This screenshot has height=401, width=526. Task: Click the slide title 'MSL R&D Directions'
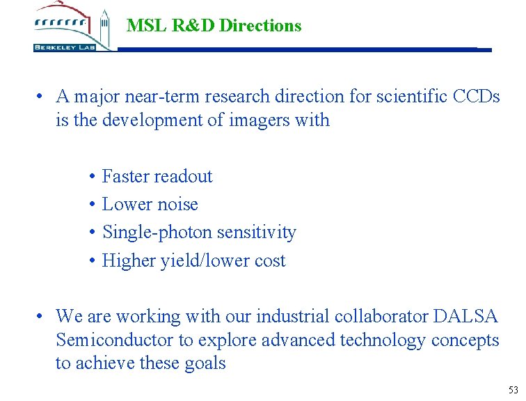tap(214, 26)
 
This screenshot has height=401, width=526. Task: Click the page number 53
tap(513, 389)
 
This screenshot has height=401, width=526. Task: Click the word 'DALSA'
tap(465, 316)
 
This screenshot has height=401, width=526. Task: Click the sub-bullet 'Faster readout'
tap(157, 176)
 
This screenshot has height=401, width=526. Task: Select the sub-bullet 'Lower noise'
tap(150, 204)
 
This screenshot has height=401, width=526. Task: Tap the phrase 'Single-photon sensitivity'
tap(199, 232)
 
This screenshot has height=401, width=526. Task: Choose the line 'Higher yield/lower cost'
tap(193, 260)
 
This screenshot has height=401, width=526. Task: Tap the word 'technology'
tap(383, 340)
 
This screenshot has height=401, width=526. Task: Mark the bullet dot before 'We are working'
tap(42, 316)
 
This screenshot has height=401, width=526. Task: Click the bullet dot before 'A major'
tap(42, 96)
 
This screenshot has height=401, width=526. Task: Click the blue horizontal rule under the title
tap(299, 49)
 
